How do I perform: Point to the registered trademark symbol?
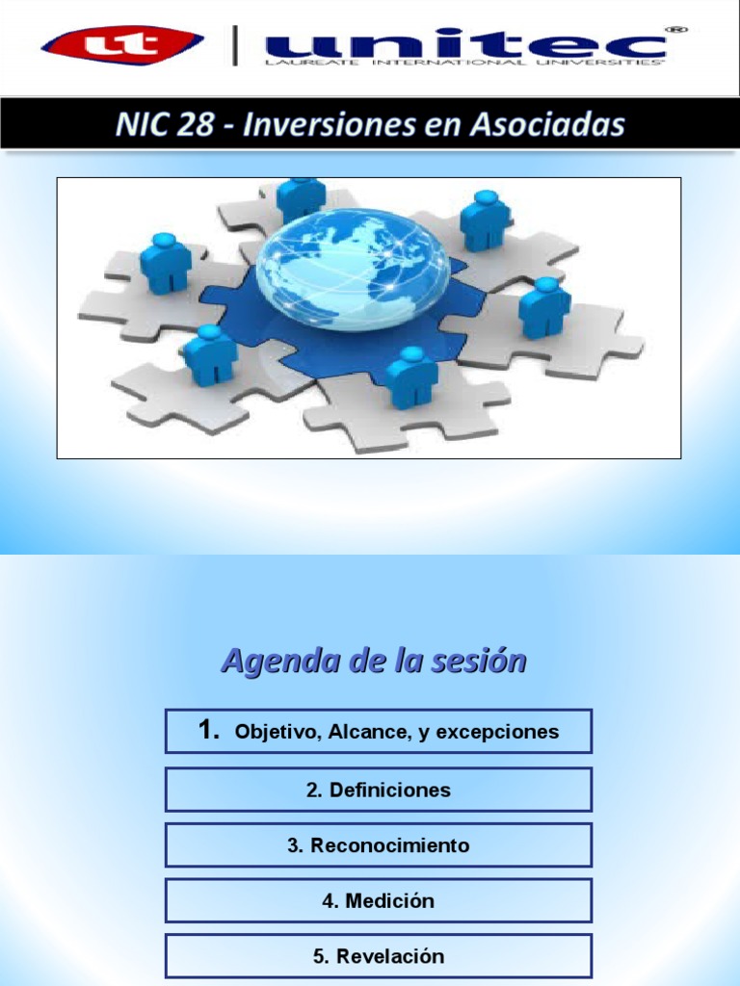click(678, 30)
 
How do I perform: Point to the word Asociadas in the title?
click(548, 125)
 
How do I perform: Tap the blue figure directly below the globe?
click(411, 377)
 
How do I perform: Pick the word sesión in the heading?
click(481, 662)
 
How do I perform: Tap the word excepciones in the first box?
click(497, 732)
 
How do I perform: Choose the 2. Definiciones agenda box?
click(378, 790)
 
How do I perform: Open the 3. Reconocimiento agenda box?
click(378, 845)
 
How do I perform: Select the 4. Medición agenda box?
click(378, 901)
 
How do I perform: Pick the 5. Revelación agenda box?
click(378, 956)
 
